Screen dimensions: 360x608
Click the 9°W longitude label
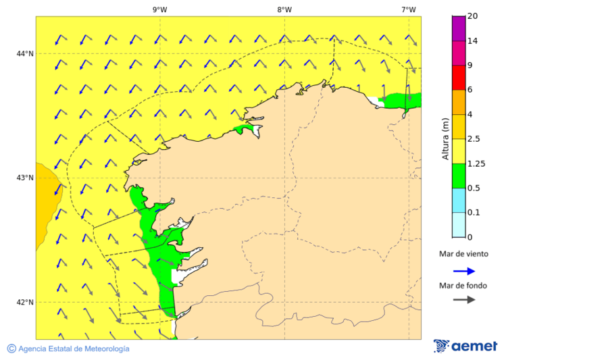pos(159,9)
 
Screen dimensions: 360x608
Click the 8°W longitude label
pos(284,9)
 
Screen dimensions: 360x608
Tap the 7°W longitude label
pos(408,9)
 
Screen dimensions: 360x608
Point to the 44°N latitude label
pos(25,53)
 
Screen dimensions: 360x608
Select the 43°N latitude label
pos(25,178)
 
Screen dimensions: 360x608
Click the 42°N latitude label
pos(25,302)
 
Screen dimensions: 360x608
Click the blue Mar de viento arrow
pos(464,271)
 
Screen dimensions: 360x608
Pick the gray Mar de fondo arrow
pos(464,300)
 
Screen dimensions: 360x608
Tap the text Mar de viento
pos(463,255)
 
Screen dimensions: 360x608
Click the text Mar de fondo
pos(463,286)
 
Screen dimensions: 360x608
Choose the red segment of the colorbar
pos(458,78)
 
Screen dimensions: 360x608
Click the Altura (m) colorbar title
pos(445,138)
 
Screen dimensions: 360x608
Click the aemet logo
pos(465,346)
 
